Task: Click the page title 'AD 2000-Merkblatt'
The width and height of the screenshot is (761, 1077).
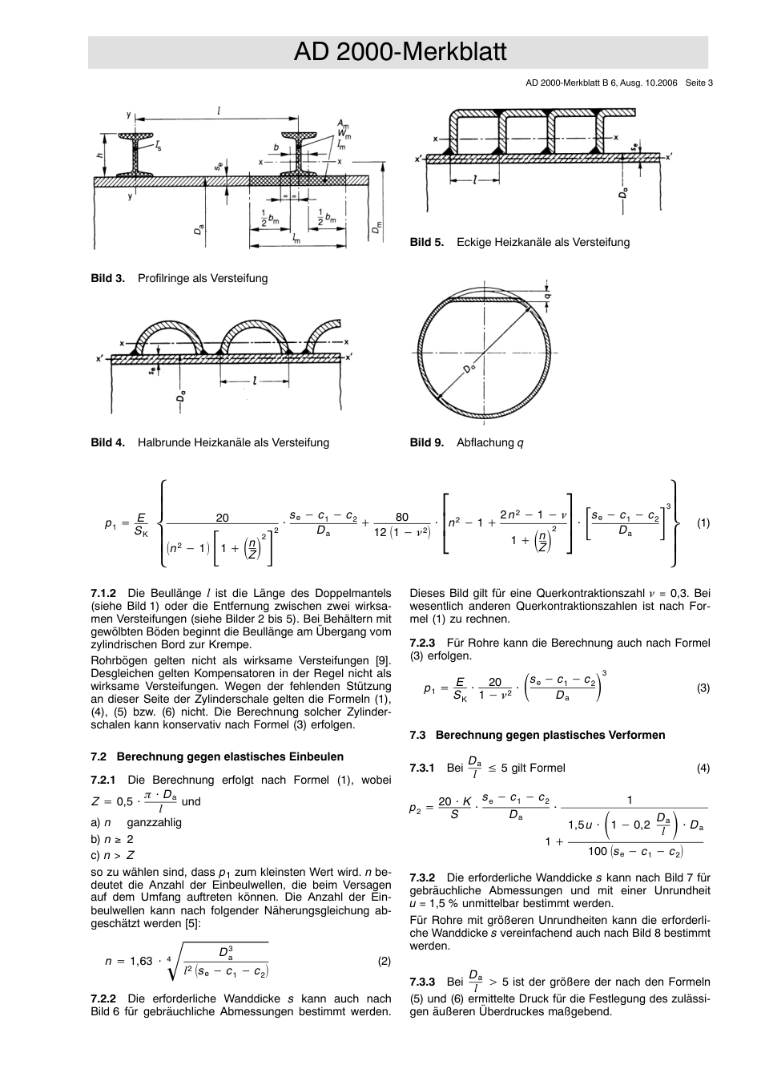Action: pyautogui.click(x=400, y=52)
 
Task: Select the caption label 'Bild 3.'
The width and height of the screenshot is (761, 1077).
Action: pyautogui.click(x=107, y=278)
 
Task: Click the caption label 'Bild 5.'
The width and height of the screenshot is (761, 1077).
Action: pyautogui.click(x=426, y=242)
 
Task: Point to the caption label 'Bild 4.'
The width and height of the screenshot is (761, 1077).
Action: pyautogui.click(x=107, y=442)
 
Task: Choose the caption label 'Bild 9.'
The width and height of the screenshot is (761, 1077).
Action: pyautogui.click(x=426, y=442)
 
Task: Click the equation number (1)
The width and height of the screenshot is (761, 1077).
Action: pyautogui.click(x=703, y=523)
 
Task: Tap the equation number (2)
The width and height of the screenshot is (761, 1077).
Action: pyautogui.click(x=384, y=961)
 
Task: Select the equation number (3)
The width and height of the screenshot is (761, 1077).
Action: pyautogui.click(x=703, y=688)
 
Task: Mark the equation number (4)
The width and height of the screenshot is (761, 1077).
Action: pyautogui.click(x=703, y=768)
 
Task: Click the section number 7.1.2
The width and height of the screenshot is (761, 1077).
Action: pyautogui.click(x=104, y=594)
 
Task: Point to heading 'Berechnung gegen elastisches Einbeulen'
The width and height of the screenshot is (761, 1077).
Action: pyautogui.click(x=230, y=756)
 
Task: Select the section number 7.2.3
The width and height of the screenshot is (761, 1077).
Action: pyautogui.click(x=422, y=643)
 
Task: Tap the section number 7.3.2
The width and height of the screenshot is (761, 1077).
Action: pyautogui.click(x=422, y=877)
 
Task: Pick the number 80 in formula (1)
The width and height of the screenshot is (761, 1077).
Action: pyautogui.click(x=401, y=518)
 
